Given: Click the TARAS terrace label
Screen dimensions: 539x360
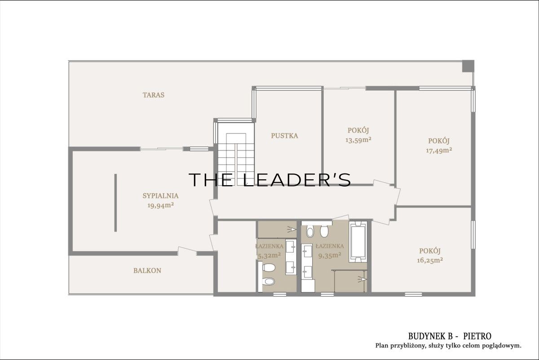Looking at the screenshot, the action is pos(154,95).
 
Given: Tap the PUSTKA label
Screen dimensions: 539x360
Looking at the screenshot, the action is pos(284,136).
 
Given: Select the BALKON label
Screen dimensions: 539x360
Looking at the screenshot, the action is pos(147,271).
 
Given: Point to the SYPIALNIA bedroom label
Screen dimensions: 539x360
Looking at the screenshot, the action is pos(160,196).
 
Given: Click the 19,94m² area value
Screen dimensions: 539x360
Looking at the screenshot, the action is pos(160,205).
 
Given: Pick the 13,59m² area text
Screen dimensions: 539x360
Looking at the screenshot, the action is pos(358,140).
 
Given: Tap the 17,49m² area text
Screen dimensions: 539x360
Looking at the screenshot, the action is pos(439,150).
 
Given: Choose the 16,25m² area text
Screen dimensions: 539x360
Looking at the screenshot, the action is pos(430,260).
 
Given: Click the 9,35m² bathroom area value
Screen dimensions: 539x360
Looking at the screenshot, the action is pos(329,255).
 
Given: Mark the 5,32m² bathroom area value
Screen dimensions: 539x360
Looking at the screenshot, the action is pos(269,255).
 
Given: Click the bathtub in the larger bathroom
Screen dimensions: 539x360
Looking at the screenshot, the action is pos(358,242).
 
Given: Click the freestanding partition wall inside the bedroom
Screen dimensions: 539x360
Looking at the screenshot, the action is pos(115,203).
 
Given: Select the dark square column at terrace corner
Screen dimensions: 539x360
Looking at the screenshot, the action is pos(468,66).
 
